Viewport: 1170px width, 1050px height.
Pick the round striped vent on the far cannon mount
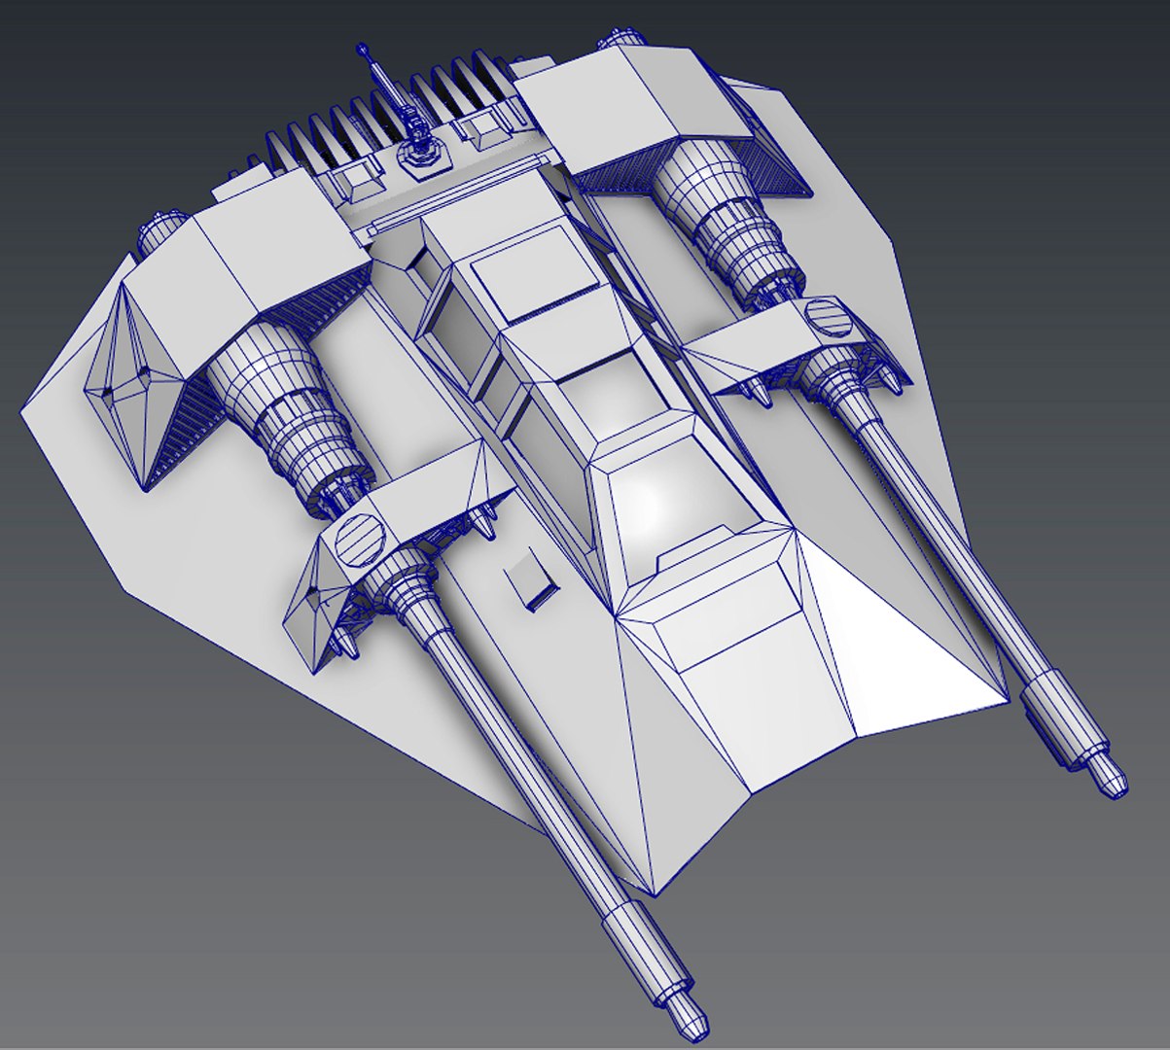click(827, 317)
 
